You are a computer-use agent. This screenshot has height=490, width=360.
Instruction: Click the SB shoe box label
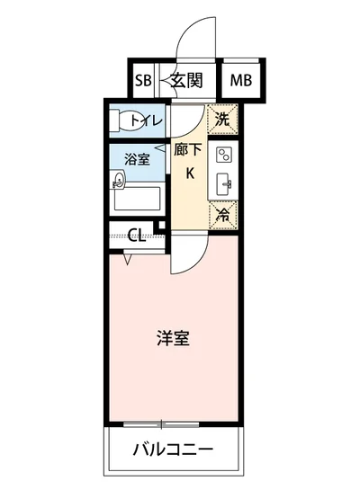[x=143, y=80]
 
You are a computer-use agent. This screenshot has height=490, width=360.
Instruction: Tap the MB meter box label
[x=241, y=80]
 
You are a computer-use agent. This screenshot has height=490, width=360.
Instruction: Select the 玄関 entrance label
[x=187, y=80]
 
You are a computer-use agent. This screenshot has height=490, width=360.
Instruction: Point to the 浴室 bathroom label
[x=136, y=160]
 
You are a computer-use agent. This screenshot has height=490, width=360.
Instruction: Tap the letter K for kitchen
[x=190, y=174]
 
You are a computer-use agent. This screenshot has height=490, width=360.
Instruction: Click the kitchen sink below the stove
[x=225, y=185]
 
